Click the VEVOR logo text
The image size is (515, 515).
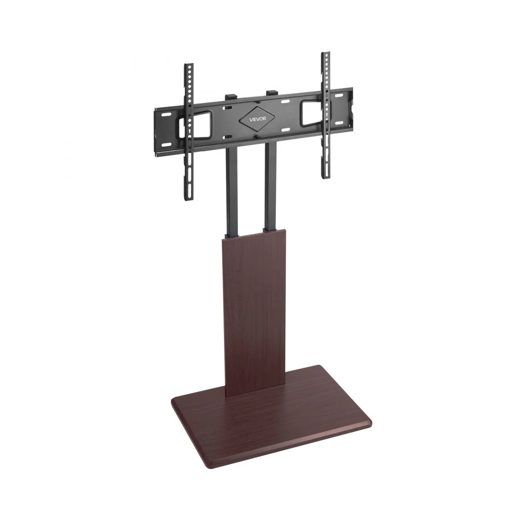[x=257, y=119]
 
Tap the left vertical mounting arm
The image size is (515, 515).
[x=189, y=132]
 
